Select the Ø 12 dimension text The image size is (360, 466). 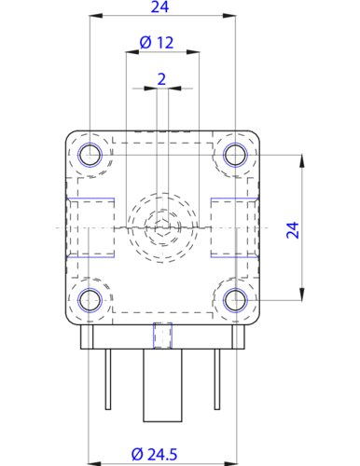coord(157,43)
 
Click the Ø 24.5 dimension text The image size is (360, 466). coord(154,453)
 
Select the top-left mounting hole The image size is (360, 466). coord(90,154)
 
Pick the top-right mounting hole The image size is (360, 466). coord(235,154)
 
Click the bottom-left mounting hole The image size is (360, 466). coord(90,299)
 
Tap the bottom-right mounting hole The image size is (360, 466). coord(235,299)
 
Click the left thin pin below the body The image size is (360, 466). coord(107,377)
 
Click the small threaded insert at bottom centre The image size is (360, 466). coord(162,333)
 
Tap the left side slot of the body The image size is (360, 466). coord(90,226)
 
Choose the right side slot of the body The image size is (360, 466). coord(234,226)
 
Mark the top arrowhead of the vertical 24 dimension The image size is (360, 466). coord(302,158)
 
